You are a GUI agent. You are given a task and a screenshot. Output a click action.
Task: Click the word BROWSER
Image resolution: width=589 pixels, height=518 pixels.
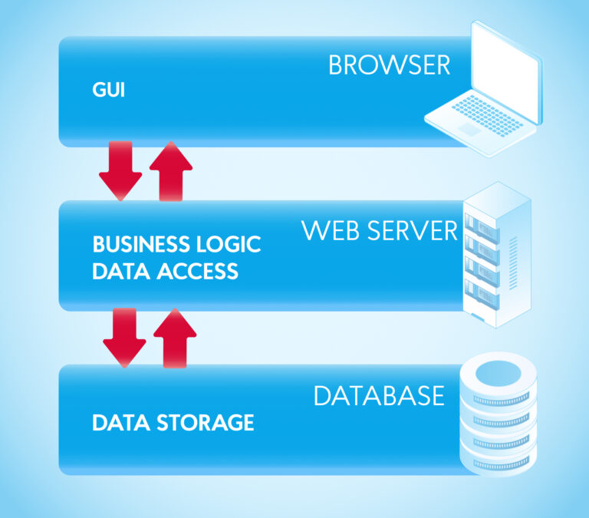[x=389, y=65]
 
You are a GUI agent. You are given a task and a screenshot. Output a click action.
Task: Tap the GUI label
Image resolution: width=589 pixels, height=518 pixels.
[x=108, y=91]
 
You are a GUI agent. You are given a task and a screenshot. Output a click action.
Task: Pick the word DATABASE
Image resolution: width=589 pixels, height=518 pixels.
[x=379, y=396]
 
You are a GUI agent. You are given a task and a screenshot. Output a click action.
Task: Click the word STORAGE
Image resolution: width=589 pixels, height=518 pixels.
[x=203, y=422]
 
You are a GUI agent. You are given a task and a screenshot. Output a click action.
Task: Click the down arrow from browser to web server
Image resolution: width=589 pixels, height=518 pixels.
[x=120, y=171]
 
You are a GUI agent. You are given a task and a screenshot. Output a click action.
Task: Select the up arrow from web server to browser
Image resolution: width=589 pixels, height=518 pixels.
[x=170, y=170]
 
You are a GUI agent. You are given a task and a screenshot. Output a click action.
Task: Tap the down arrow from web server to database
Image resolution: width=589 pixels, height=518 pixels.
[x=124, y=338]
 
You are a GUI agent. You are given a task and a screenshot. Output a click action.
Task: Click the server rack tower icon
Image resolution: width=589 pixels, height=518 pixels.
[x=496, y=253]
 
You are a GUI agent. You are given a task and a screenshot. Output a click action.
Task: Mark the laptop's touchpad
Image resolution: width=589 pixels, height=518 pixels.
[x=469, y=130]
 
